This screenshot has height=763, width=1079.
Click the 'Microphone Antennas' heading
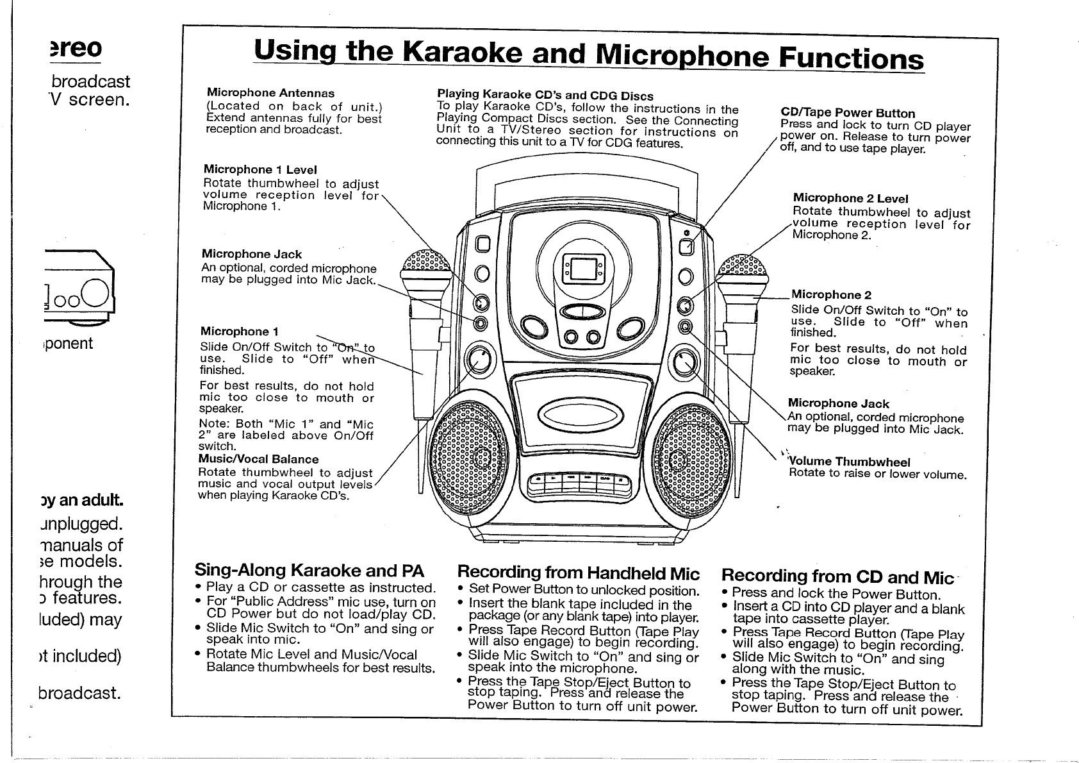pyautogui.click(x=269, y=94)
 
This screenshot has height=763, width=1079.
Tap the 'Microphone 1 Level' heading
pyautogui.click(x=260, y=170)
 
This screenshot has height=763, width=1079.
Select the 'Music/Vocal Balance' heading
pyautogui.click(x=258, y=459)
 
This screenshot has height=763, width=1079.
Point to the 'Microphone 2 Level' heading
pyautogui.click(x=850, y=199)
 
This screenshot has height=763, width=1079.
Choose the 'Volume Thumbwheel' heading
pyautogui.click(x=850, y=462)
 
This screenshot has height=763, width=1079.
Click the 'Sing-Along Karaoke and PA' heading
pyautogui.click(x=309, y=571)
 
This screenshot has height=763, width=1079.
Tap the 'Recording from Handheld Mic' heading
pyautogui.click(x=579, y=573)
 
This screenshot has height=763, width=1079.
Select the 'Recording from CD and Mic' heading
pyautogui.click(x=837, y=576)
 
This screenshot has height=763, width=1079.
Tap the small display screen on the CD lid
pyautogui.click(x=583, y=268)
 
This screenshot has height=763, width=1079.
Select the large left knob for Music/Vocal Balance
pyautogui.click(x=479, y=363)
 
